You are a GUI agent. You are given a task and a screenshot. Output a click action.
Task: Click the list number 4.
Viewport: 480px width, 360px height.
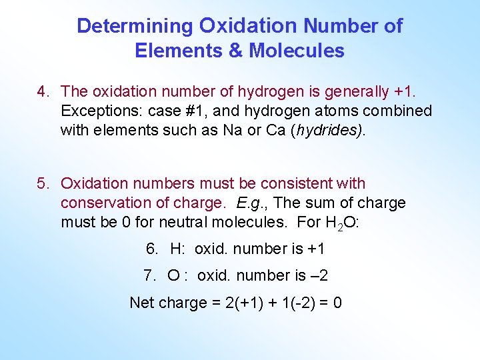click(x=43, y=91)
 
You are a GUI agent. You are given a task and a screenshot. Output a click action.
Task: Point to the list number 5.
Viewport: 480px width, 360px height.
click(x=43, y=183)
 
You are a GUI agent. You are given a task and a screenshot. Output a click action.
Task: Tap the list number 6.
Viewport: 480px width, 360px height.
click(x=152, y=249)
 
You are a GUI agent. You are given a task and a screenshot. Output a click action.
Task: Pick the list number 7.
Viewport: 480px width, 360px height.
click(x=149, y=275)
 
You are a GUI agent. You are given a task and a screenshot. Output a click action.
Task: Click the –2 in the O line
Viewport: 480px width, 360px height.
click(x=319, y=275)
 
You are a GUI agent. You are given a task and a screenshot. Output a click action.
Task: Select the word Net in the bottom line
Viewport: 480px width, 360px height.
click(x=141, y=303)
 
